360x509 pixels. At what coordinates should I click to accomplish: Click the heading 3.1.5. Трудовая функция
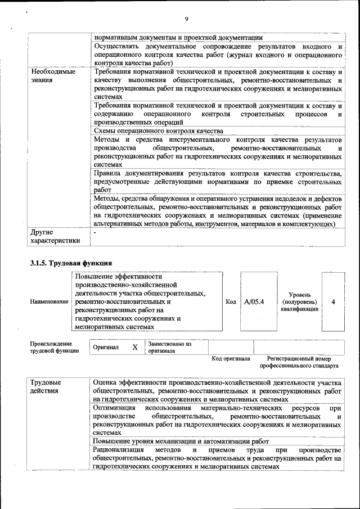(71, 263)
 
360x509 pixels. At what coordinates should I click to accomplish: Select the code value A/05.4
(254, 302)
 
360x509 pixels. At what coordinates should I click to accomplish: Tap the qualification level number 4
(334, 302)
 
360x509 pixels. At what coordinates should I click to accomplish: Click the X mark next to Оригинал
(135, 347)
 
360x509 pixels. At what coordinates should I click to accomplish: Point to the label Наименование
(49, 302)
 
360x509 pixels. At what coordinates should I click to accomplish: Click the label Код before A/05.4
(231, 302)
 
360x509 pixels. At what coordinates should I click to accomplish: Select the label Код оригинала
(231, 358)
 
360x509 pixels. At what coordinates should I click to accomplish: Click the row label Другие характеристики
(55, 236)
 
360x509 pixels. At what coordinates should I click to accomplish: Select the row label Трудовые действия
(46, 387)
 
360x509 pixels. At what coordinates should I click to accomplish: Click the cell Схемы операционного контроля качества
(159, 131)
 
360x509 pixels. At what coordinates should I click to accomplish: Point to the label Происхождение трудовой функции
(51, 347)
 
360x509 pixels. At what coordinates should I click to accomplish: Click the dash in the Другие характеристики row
(96, 232)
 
